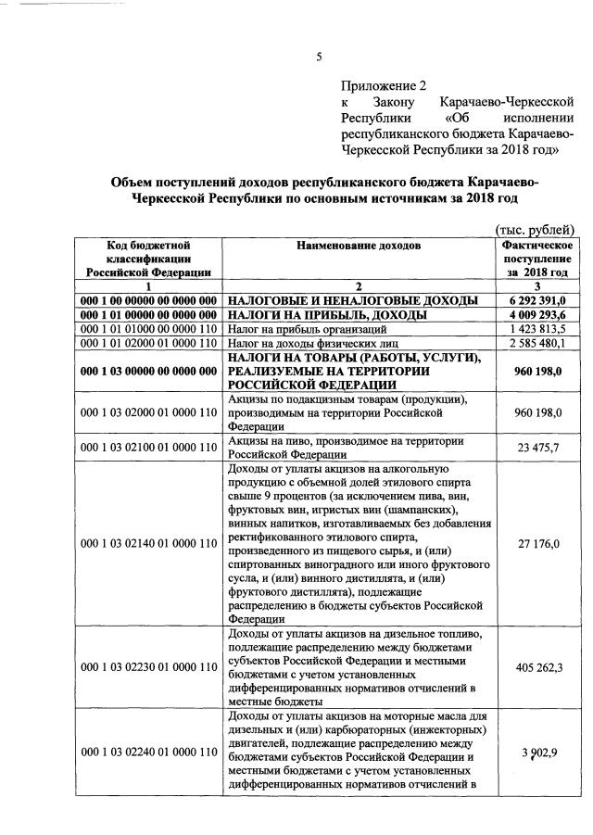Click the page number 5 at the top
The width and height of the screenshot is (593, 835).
point(319,57)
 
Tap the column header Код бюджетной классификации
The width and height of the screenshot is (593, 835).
point(148,259)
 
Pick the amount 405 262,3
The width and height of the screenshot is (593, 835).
point(538,664)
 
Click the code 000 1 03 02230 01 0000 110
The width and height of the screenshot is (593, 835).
point(149,664)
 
